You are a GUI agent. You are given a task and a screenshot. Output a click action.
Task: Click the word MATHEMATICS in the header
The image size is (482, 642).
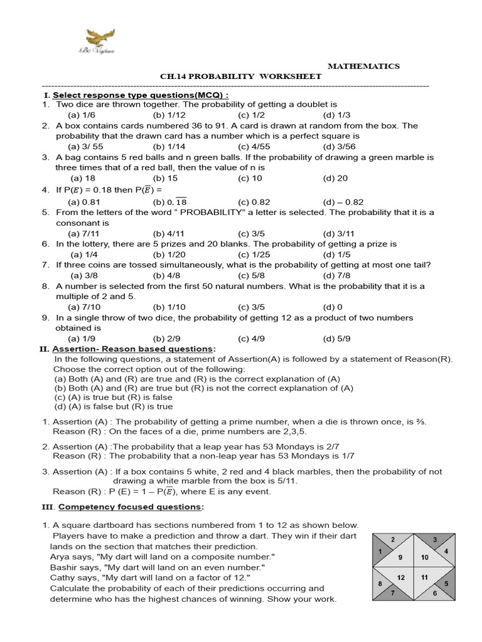[364, 66]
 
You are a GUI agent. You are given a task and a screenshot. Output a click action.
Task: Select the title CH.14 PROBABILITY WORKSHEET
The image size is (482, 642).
[241, 76]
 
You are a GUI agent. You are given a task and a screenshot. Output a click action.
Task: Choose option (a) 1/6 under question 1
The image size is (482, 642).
[81, 115]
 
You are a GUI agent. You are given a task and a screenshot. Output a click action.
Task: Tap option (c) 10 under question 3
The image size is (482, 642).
[250, 178]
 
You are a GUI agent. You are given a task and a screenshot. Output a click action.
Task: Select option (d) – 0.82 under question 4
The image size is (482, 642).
[343, 202]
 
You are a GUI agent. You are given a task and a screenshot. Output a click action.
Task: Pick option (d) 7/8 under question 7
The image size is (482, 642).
[336, 275]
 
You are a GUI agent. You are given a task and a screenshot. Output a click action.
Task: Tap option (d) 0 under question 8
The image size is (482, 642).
[333, 307]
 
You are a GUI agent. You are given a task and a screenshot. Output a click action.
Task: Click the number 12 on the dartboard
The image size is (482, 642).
[400, 577]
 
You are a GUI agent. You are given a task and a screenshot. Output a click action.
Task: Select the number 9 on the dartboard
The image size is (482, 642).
[400, 557]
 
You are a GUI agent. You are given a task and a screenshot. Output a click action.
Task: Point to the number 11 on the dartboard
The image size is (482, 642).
[424, 577]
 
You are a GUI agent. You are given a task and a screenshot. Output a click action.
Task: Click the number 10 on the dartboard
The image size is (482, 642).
[424, 557]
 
